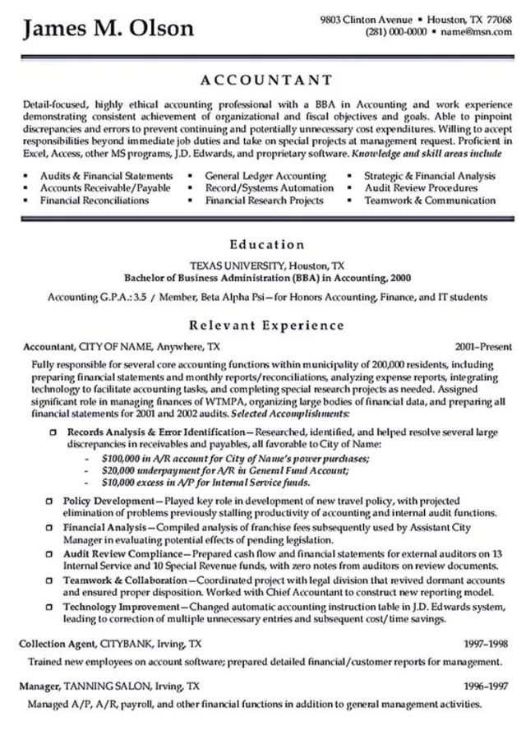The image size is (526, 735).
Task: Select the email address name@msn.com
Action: pyautogui.click(x=475, y=32)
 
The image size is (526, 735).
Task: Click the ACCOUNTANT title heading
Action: pyautogui.click(x=266, y=81)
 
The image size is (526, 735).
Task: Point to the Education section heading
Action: pyautogui.click(x=266, y=244)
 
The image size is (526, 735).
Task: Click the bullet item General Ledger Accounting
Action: pyautogui.click(x=265, y=176)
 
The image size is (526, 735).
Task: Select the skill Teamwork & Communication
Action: pyautogui.click(x=430, y=200)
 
